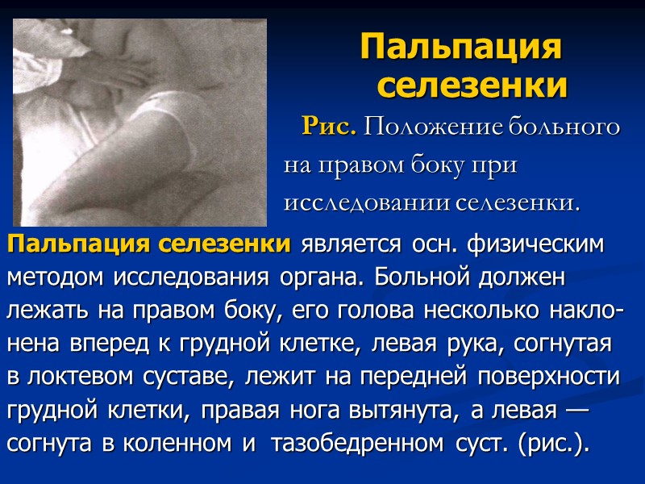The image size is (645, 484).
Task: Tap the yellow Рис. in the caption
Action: point(327,127)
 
